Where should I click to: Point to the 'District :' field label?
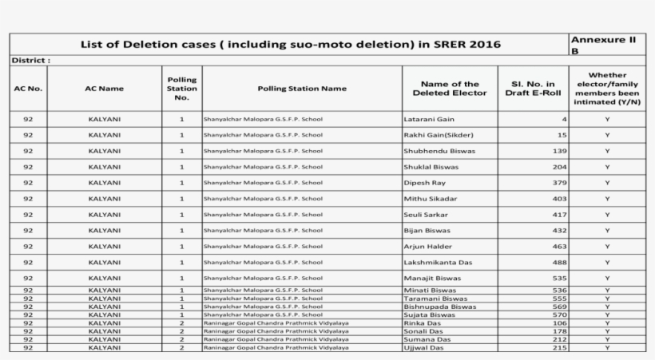tap(31, 60)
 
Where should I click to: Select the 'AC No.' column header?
tap(28, 89)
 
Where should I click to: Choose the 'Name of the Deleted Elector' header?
tap(450, 89)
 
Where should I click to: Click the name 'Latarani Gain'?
tap(429, 119)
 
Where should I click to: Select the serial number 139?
tap(559, 151)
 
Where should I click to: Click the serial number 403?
tap(559, 199)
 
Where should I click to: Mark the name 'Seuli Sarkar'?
tap(427, 215)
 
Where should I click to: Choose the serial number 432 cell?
tap(559, 231)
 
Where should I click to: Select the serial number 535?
tap(559, 279)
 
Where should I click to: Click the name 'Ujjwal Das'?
tap(424, 348)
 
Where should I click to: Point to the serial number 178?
tap(559, 331)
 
